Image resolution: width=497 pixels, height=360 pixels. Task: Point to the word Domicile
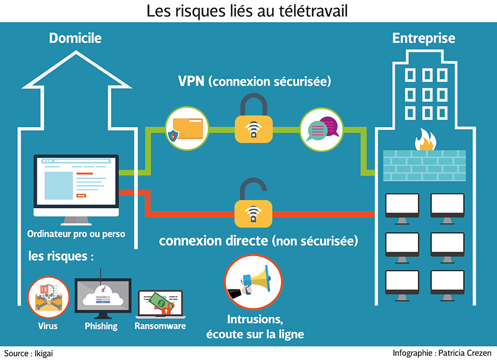[x=75, y=39]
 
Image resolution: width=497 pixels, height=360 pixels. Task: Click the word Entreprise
[x=423, y=39]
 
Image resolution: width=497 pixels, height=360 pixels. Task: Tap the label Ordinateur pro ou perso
[x=76, y=234]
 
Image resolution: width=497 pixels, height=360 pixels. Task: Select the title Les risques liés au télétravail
[x=248, y=11]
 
